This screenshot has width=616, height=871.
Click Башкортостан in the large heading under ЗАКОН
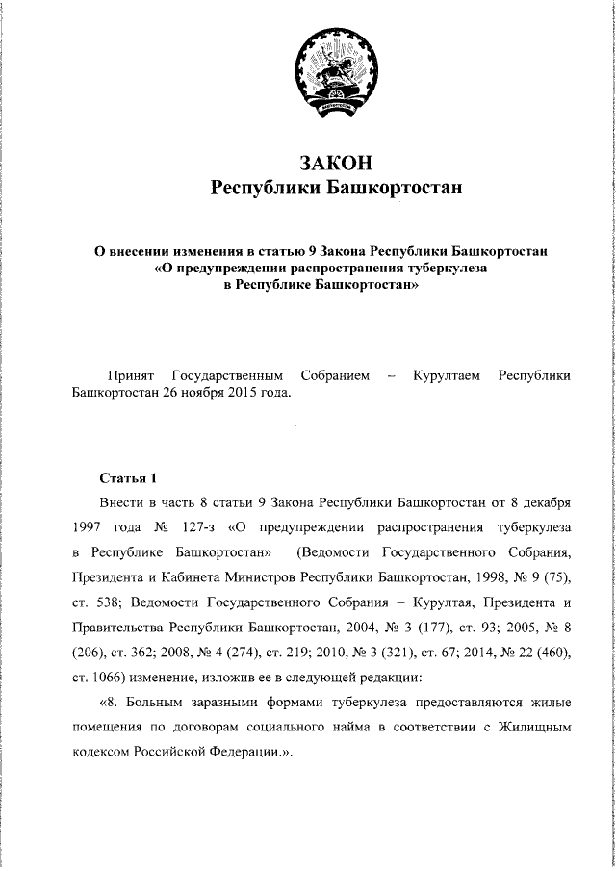tap(393, 188)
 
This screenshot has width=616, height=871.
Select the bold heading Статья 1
tap(126, 477)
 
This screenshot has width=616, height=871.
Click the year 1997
tap(88, 527)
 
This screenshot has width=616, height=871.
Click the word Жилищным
tap(534, 728)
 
